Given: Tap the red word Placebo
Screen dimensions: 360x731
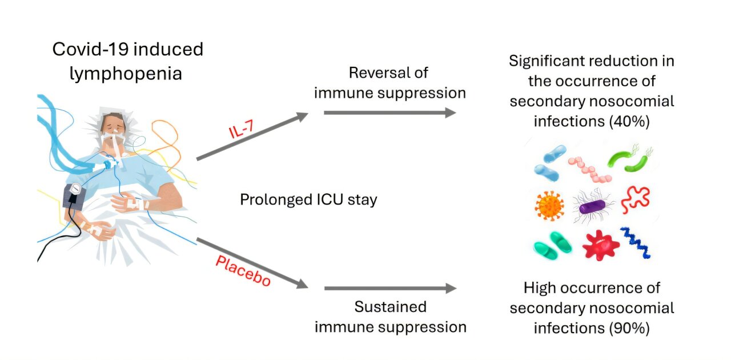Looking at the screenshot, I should pos(243,271).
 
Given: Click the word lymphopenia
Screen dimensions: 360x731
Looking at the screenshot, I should pos(126,74).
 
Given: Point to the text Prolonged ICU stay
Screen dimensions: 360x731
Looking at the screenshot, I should pos(308,200).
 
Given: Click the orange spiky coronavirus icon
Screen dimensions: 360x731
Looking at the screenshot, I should pos(550,205).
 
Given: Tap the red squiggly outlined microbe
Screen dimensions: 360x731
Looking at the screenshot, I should pos(635,199).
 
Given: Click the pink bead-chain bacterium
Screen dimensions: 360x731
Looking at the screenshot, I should pos(589,169).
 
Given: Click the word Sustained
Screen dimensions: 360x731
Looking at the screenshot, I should pos(390,307).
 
